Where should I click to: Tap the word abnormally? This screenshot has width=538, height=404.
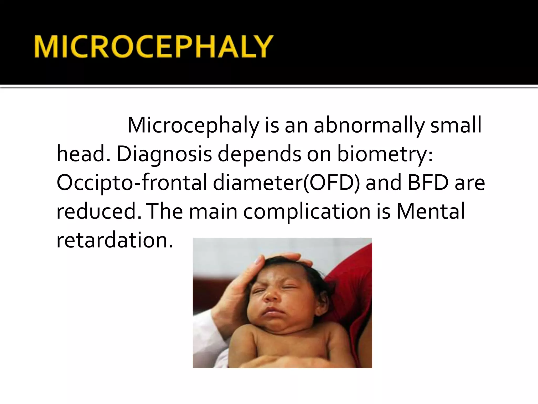[x=369, y=125]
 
